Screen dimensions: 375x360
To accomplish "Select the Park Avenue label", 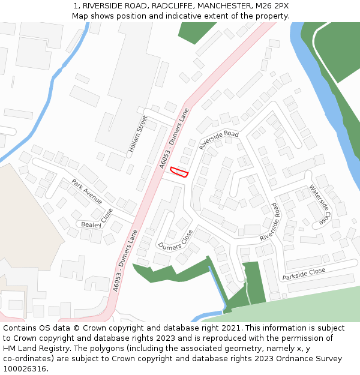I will point(87,191).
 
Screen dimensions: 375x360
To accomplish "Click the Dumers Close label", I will point(175,239).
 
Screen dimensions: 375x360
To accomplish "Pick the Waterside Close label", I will point(320,204).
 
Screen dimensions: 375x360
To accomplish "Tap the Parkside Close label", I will point(304,274).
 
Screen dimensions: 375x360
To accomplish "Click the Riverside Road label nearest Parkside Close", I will point(271,223).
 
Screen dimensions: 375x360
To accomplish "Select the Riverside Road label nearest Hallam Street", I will point(219,139).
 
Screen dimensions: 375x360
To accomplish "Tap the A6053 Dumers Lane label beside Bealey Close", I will point(125,260).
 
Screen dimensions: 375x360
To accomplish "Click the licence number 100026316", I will point(26,368).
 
